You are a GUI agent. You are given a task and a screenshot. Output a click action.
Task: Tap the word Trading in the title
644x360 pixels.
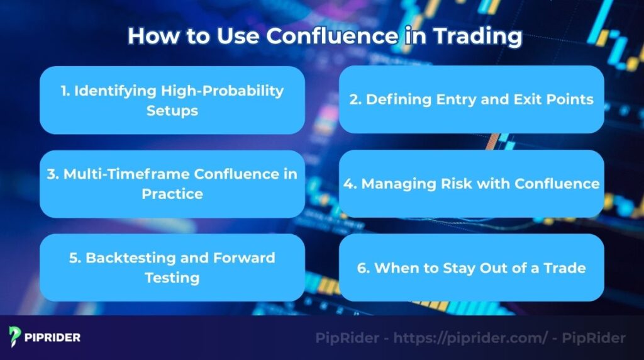tap(479, 36)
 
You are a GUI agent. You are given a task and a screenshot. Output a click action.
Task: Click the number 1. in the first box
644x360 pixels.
tap(65, 91)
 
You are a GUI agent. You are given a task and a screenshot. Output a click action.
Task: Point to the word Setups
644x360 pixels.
tap(172, 111)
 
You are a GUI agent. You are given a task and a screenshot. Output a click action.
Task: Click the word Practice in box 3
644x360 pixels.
tap(172, 194)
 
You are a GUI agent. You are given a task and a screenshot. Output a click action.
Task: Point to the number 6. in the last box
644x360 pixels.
tap(363, 267)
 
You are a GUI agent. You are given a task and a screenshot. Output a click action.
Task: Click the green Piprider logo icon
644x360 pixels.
tap(16, 337)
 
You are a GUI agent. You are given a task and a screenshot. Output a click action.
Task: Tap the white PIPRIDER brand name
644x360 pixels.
tap(53, 337)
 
